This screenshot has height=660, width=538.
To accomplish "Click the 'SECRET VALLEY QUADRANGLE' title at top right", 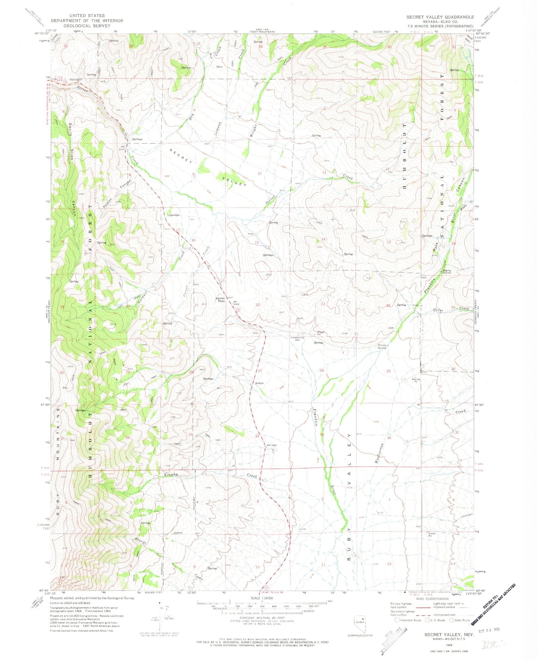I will click(x=440, y=17).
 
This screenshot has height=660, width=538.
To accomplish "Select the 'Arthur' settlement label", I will click(x=259, y=383).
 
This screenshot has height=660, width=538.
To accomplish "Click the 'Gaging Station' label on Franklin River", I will click(x=446, y=272).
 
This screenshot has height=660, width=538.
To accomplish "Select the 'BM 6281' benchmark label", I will click(x=272, y=445).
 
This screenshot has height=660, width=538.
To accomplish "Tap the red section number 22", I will click(x=258, y=305).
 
